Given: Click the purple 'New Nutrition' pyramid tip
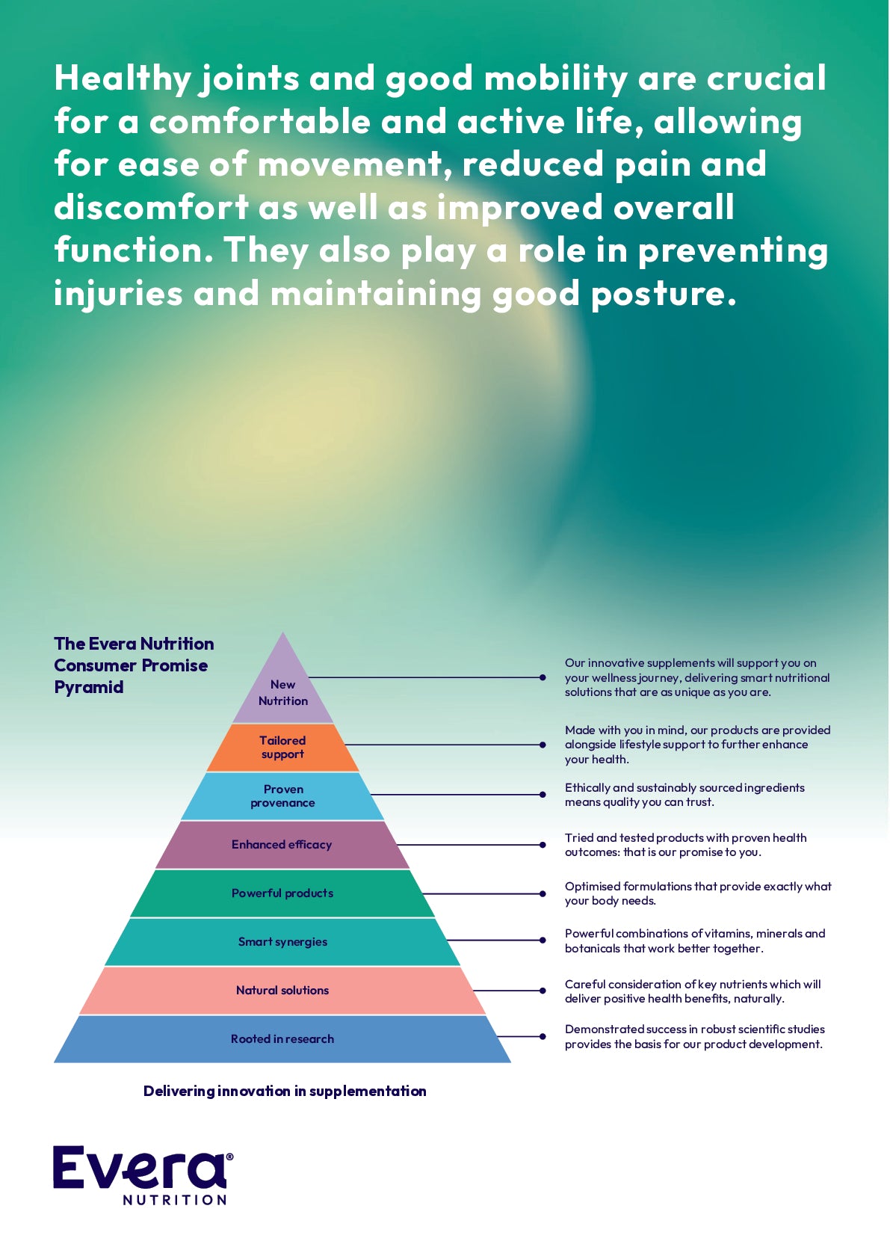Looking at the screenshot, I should [282, 692].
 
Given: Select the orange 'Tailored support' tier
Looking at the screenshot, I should [282, 747].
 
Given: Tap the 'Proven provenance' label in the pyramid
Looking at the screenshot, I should [282, 795].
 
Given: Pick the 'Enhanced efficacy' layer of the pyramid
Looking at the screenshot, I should [282, 844].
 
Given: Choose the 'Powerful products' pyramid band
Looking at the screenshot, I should [282, 893].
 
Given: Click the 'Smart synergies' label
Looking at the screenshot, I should [282, 941].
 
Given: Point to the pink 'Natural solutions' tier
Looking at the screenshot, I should [282, 990].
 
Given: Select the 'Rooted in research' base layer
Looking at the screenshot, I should [282, 1038].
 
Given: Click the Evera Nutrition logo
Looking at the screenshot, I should [143, 1175].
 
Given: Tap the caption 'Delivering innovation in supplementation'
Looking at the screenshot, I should [285, 1091].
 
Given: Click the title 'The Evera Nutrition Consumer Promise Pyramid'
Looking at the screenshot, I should [133, 665].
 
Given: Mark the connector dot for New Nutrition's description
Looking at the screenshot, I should [543, 677].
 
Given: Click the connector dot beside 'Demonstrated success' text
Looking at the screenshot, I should [543, 1036].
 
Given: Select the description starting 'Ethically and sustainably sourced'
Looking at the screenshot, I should [685, 795].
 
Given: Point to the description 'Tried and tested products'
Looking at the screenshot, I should [685, 845].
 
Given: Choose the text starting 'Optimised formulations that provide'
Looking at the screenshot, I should [697, 893].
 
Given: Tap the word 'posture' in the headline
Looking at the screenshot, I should [658, 294].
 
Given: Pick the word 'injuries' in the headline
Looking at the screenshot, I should [118, 294].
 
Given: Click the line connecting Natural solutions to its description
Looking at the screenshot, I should [508, 991].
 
